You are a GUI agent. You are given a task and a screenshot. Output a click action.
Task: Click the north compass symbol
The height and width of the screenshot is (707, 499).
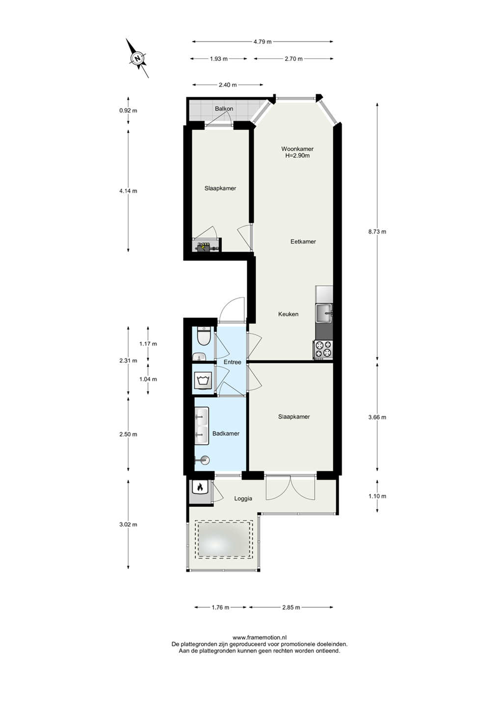(137, 58)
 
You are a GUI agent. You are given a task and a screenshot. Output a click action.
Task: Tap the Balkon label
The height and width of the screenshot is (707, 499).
(224, 109)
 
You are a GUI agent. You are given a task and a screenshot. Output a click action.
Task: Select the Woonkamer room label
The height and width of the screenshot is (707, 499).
(297, 149)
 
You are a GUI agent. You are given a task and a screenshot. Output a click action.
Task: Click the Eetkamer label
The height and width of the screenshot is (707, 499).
(303, 242)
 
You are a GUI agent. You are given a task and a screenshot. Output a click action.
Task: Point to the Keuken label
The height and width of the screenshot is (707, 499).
(288, 314)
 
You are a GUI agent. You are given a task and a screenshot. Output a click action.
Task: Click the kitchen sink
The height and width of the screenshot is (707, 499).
(324, 313)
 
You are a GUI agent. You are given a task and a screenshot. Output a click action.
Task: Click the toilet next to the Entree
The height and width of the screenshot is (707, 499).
(203, 336)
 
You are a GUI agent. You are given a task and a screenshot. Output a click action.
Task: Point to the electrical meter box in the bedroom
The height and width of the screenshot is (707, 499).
(207, 245)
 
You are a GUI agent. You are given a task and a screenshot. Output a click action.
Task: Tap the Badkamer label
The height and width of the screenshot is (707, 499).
(226, 434)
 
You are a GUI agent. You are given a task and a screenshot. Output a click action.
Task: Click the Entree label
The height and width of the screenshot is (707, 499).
(232, 362)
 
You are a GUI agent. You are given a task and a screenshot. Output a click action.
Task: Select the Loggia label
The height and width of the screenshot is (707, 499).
(243, 499)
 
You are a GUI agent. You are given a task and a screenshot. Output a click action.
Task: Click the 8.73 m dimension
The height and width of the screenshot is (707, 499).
(377, 231)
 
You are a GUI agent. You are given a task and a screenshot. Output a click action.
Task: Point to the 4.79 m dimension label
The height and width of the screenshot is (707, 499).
(263, 41)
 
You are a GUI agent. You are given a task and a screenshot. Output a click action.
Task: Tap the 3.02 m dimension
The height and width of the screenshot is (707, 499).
(128, 524)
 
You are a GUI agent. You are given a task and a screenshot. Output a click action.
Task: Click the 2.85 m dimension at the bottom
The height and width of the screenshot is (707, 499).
(291, 607)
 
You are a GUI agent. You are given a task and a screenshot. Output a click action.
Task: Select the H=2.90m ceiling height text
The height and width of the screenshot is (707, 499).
(297, 155)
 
